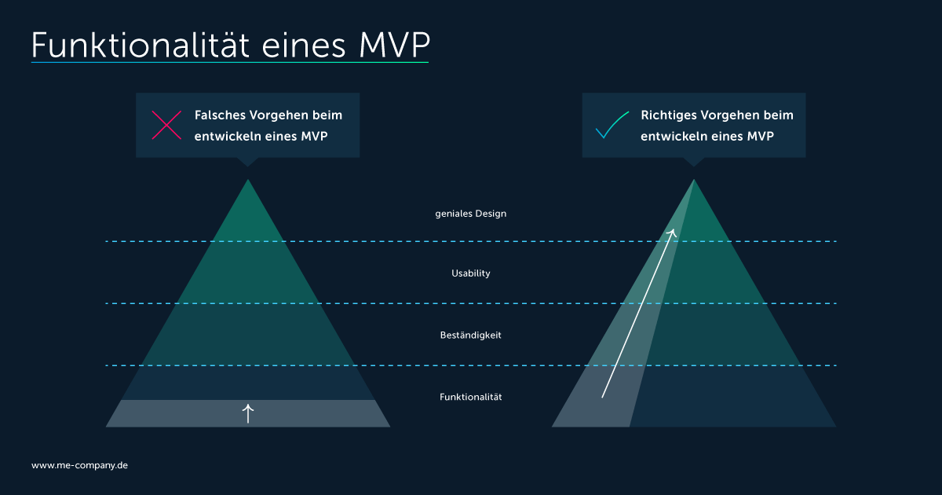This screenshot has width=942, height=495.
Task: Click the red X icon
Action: tap(166, 125)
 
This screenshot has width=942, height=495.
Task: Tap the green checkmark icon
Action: tap(612, 125)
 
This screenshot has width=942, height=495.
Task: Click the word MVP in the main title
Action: tap(394, 45)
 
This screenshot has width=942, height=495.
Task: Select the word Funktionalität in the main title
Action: tap(141, 45)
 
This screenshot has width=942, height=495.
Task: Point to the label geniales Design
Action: tap(470, 214)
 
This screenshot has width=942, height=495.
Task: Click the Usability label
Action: tap(470, 273)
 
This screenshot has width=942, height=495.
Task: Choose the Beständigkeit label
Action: tap(470, 335)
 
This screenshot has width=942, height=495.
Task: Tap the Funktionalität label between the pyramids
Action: tap(470, 397)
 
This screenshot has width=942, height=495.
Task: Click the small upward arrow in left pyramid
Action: tap(248, 413)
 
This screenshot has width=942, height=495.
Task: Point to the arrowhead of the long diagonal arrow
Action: tap(674, 232)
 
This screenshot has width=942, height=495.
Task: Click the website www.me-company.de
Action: tap(79, 465)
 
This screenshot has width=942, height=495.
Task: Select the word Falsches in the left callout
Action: tap(220, 115)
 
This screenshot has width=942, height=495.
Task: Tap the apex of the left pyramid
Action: tap(248, 180)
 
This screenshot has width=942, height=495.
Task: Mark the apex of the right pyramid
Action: tap(694, 180)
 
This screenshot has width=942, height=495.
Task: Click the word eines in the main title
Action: tap(304, 46)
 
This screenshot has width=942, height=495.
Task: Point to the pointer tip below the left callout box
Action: tap(248, 167)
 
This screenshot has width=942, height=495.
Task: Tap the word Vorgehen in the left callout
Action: tap(277, 115)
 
